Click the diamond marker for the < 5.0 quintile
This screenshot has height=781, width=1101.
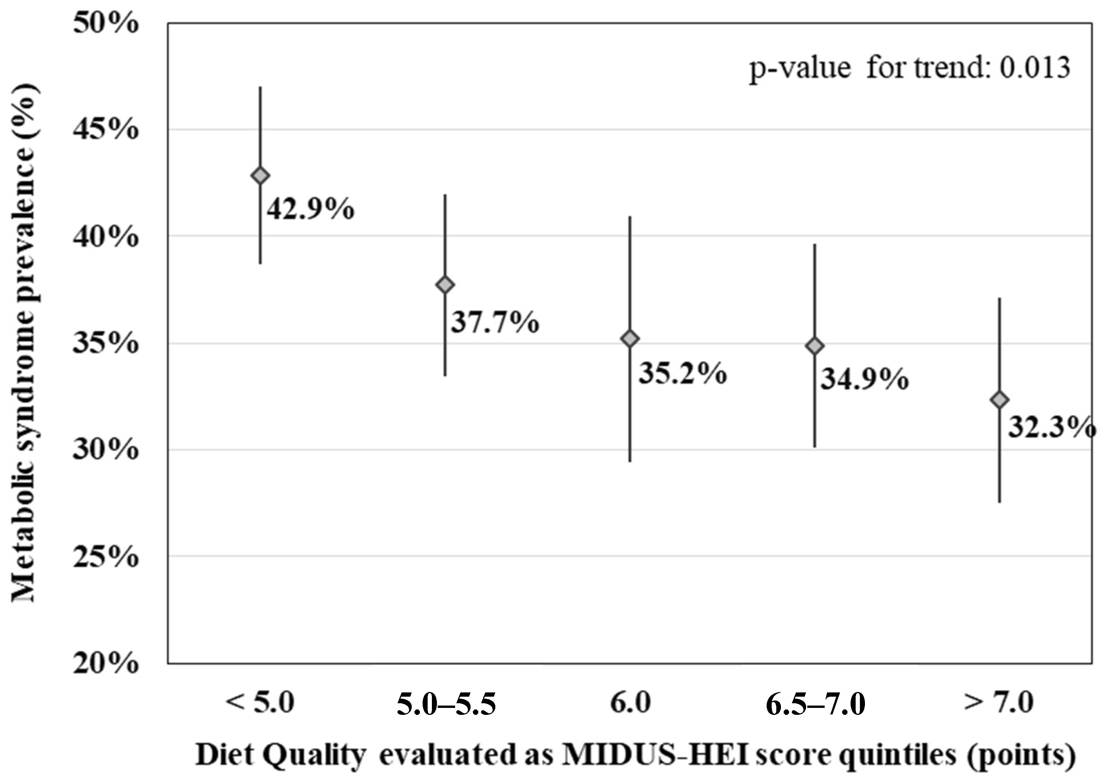click(x=260, y=176)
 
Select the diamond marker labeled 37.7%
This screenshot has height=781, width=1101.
click(x=445, y=285)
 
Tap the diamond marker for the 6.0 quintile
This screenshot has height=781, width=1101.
click(x=630, y=339)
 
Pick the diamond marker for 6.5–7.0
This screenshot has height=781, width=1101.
click(x=815, y=346)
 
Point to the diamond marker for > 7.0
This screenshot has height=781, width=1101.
click(x=1000, y=400)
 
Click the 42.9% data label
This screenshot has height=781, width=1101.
click(x=311, y=210)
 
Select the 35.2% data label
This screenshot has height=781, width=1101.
click(x=682, y=374)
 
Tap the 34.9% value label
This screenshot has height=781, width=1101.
click(x=864, y=379)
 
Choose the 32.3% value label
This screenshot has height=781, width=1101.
click(x=1051, y=427)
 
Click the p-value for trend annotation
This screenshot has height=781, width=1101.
click(x=909, y=67)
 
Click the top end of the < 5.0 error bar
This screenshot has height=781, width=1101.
click(x=260, y=87)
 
